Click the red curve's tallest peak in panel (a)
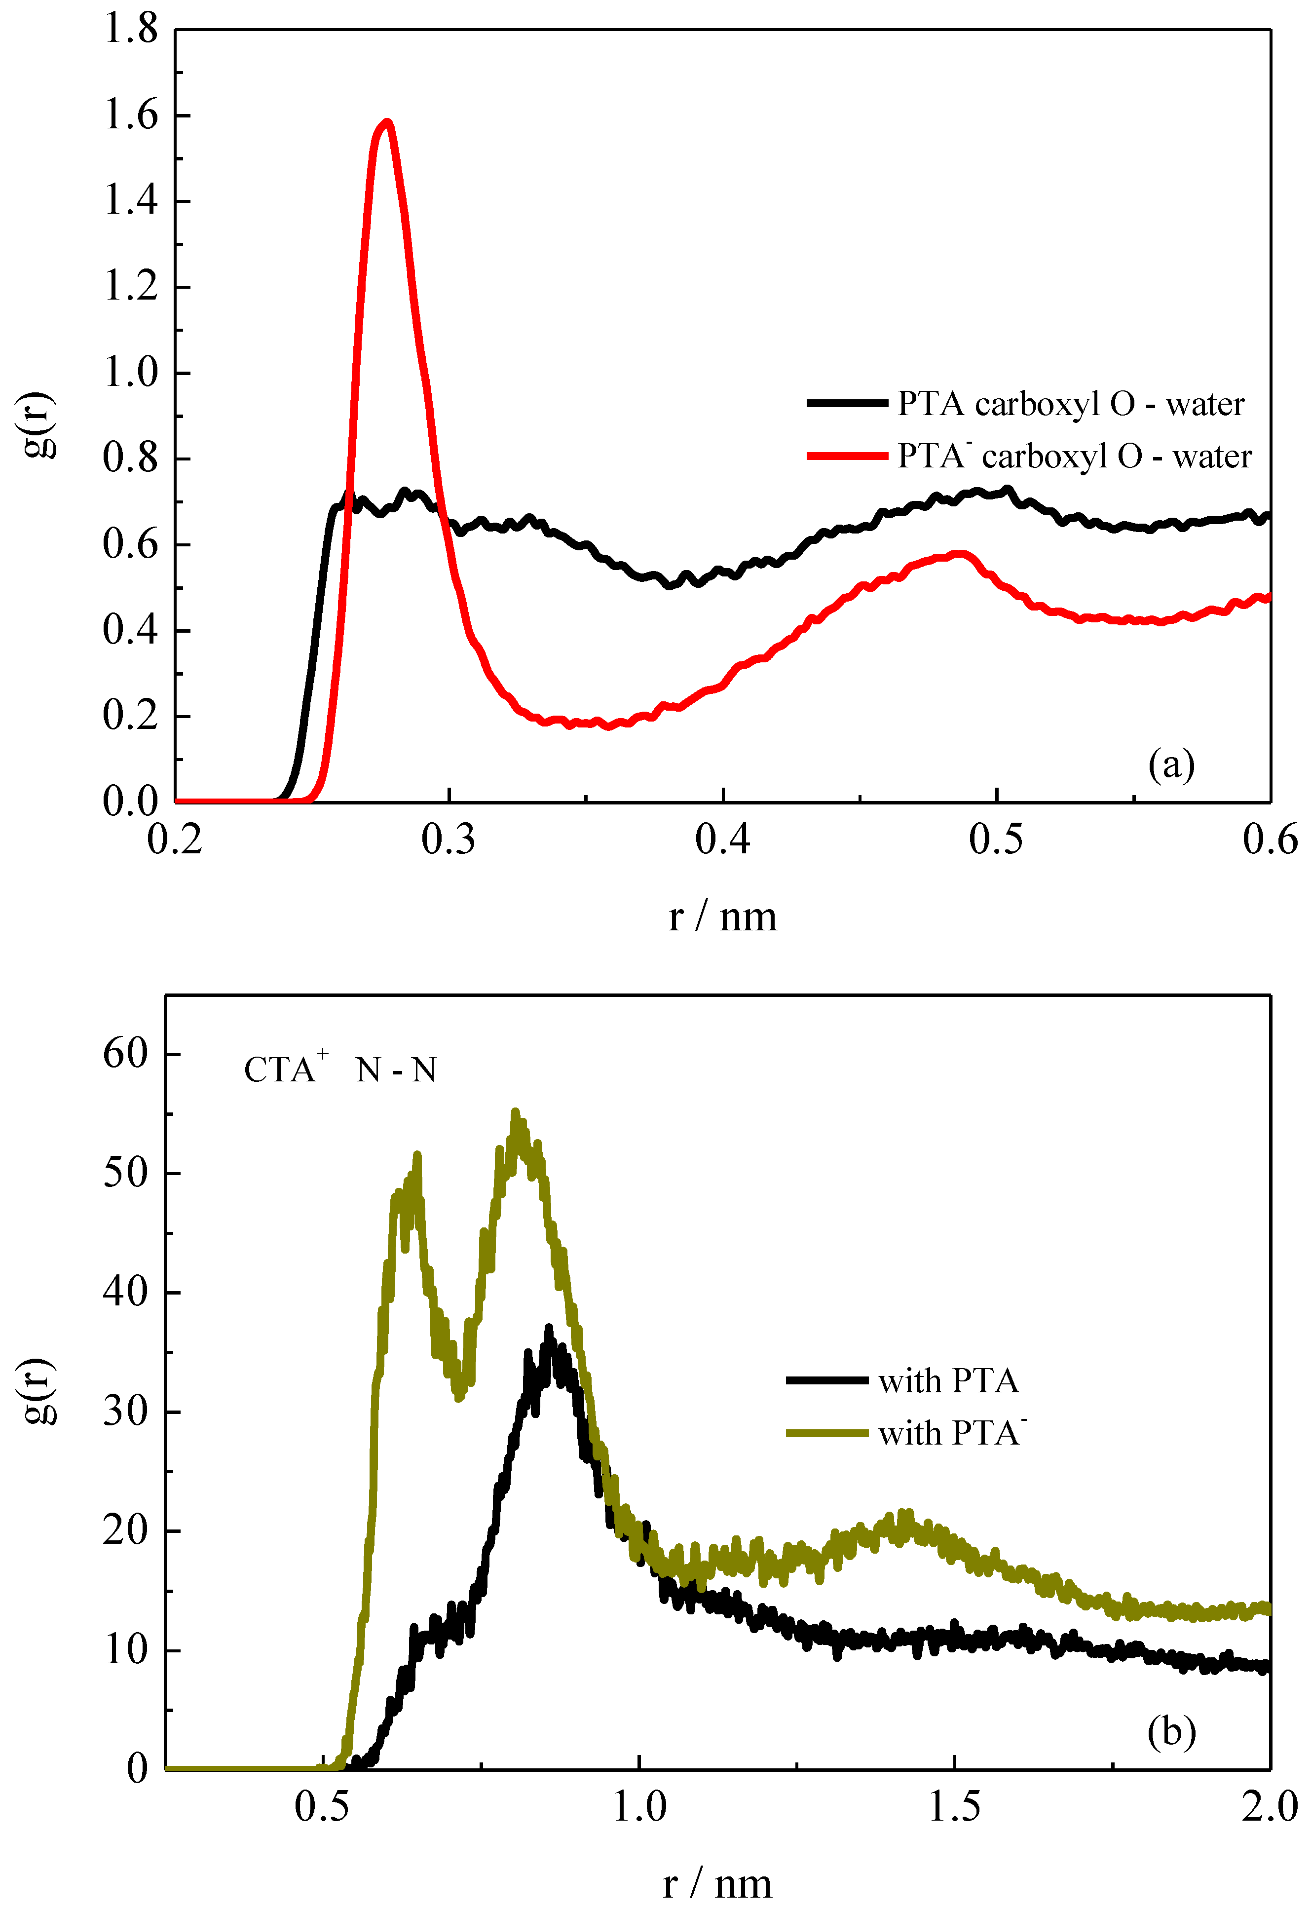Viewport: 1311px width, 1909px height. (x=386, y=123)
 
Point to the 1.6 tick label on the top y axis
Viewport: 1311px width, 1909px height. (x=130, y=115)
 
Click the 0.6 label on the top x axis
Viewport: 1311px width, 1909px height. (x=1269, y=840)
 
